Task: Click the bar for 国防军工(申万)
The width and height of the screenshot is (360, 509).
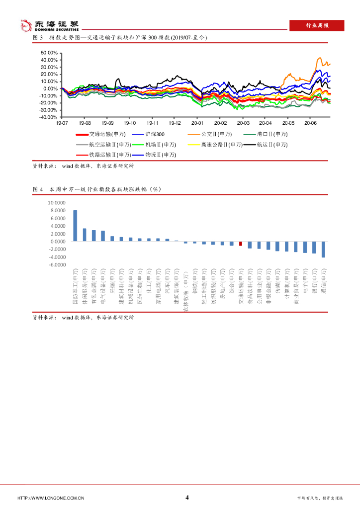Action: pos(75,226)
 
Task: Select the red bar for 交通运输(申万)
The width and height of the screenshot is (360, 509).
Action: pos(241,244)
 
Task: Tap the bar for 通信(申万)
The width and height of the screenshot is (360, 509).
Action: pos(323,249)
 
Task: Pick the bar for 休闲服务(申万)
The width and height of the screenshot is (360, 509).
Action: pos(85,235)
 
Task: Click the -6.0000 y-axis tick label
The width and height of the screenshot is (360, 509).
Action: pos(56,265)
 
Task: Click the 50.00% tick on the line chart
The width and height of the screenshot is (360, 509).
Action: pos(49,53)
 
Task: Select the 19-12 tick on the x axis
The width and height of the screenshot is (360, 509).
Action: pos(175,122)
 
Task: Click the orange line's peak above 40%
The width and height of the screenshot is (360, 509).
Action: pos(320,58)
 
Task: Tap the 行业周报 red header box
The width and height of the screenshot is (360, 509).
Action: pos(316,26)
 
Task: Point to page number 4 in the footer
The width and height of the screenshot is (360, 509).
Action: pos(187,498)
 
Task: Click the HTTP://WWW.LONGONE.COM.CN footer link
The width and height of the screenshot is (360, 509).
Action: pos(50,498)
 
